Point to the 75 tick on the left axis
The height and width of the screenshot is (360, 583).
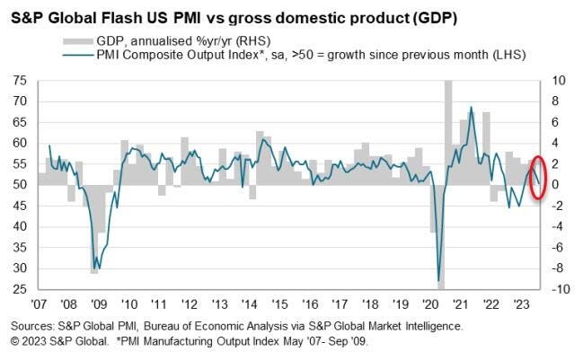coord(19,81)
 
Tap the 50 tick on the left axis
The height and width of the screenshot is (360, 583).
coord(19,185)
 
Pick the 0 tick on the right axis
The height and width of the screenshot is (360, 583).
coord(558,185)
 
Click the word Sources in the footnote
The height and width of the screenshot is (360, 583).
coord(34,326)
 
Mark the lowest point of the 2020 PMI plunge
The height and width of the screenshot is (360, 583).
coord(439,280)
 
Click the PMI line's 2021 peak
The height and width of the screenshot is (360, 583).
coord(471,108)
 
